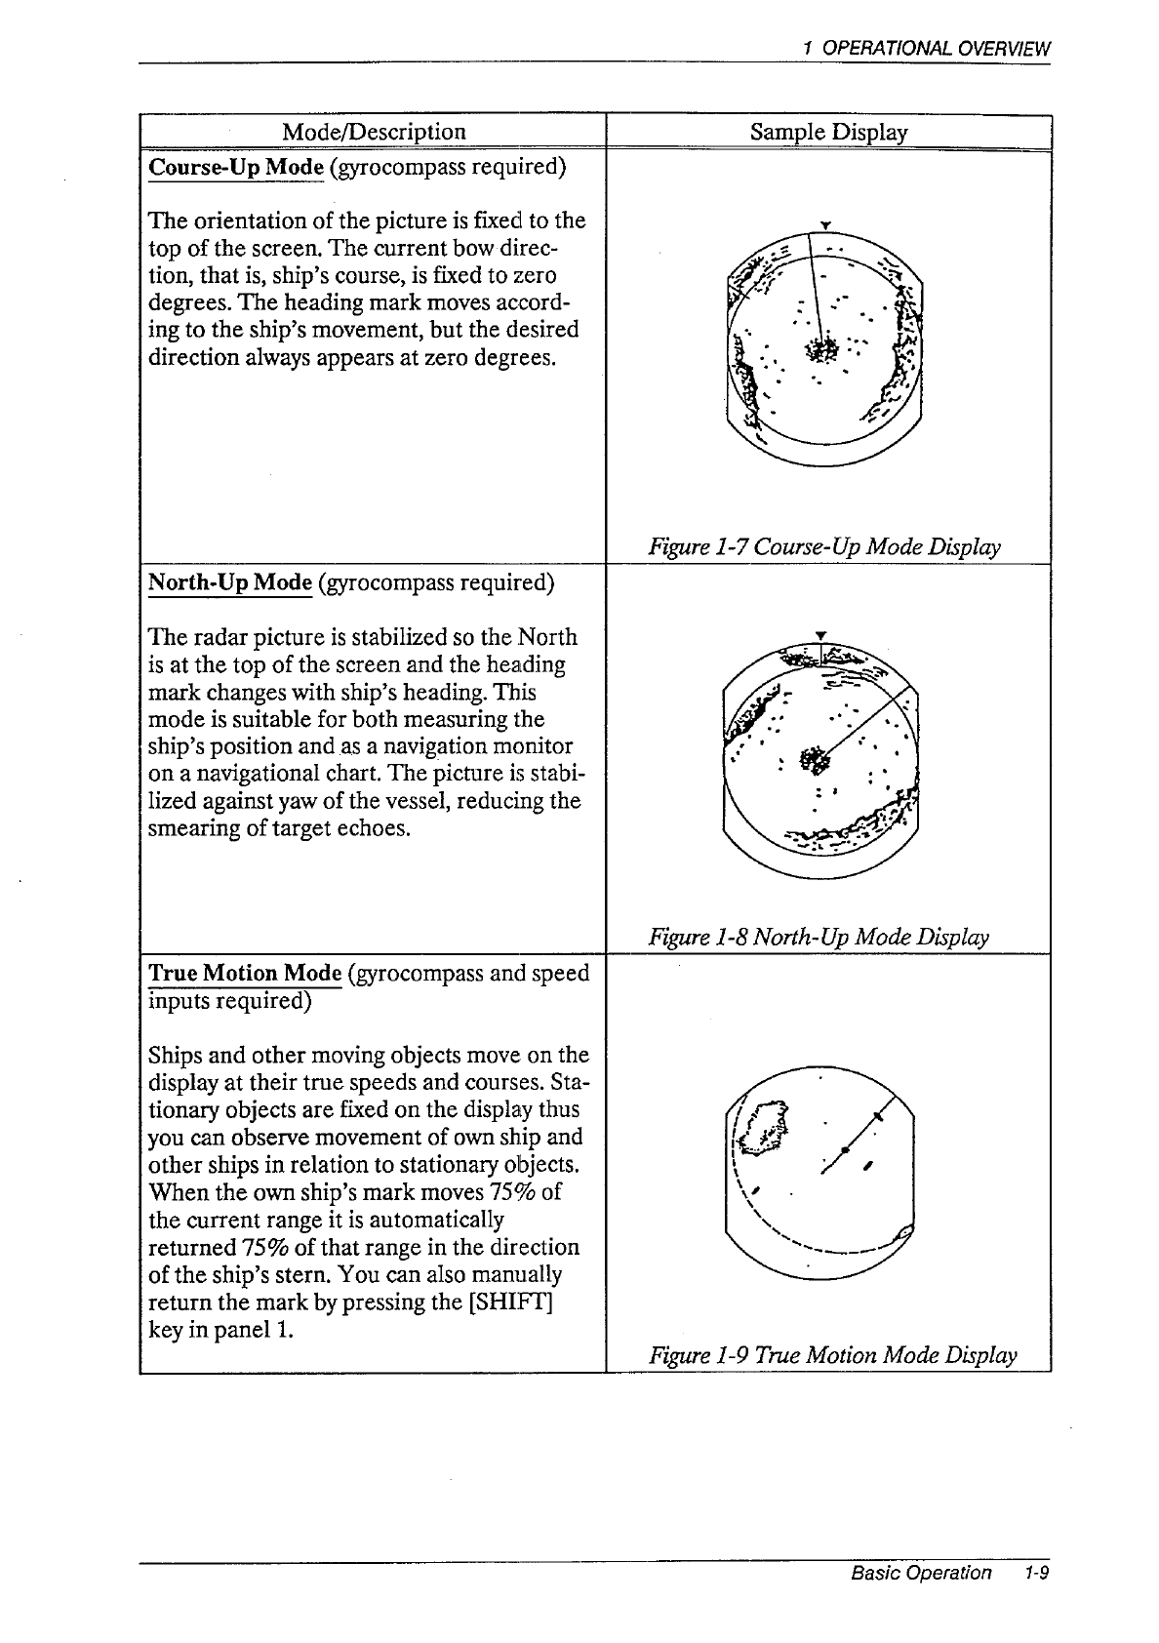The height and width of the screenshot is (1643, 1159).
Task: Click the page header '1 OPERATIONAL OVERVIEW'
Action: pyautogui.click(x=925, y=48)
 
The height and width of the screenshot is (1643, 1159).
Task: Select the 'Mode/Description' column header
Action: pyautogui.click(x=373, y=132)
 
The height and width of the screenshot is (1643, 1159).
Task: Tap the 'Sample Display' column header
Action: pyautogui.click(x=828, y=132)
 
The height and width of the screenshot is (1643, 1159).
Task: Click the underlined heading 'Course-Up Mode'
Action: pyautogui.click(x=235, y=166)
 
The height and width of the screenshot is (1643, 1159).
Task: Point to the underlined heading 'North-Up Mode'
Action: pyautogui.click(x=229, y=582)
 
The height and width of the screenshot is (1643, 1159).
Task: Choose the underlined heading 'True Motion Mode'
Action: pyautogui.click(x=244, y=973)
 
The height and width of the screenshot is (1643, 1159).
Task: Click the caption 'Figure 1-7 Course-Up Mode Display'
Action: pyautogui.click(x=824, y=547)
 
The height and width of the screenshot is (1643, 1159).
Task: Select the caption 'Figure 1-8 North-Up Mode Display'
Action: pyautogui.click(x=819, y=938)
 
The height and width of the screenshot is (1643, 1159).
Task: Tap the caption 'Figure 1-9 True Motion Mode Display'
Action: pyautogui.click(x=833, y=1355)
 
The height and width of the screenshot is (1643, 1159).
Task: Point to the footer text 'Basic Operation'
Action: pyautogui.click(x=920, y=1573)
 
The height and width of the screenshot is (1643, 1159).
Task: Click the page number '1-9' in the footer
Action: pyautogui.click(x=1035, y=1573)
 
